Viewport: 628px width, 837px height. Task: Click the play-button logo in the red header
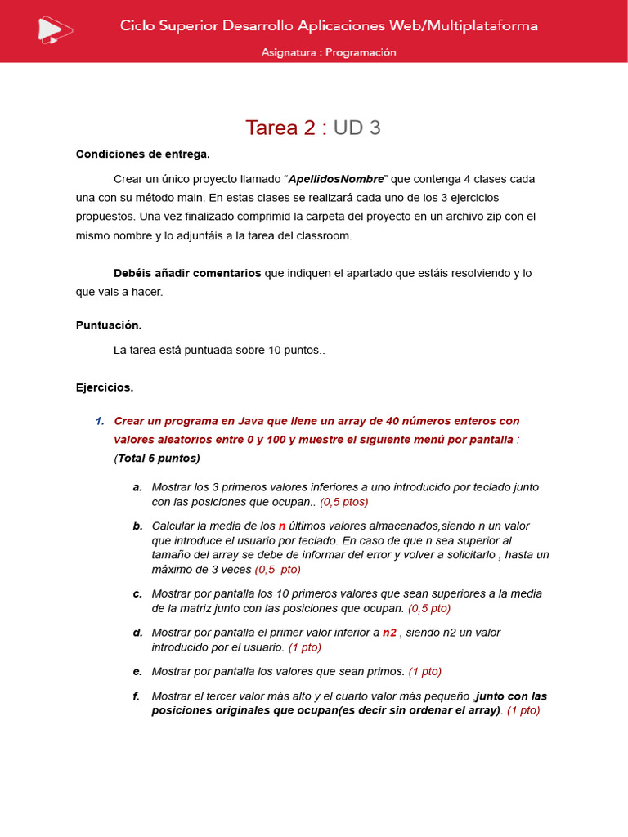click(x=55, y=29)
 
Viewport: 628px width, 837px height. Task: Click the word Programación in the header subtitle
click(x=361, y=52)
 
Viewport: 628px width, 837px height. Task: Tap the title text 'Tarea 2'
click(x=280, y=128)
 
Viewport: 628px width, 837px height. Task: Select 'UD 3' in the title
click(x=357, y=128)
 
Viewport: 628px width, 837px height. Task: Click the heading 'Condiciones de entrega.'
click(x=143, y=154)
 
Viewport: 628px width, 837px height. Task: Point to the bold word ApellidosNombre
click(x=336, y=179)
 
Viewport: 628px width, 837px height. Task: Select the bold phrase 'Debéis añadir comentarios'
click(x=187, y=273)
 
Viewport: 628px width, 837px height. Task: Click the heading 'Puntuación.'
click(x=109, y=325)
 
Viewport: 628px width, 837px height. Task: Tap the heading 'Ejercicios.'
click(x=105, y=387)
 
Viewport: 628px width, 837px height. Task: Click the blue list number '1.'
click(x=100, y=421)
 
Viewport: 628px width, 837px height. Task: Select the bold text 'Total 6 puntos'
click(x=157, y=459)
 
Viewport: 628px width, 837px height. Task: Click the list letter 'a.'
click(x=137, y=487)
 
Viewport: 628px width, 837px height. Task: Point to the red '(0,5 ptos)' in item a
click(x=344, y=502)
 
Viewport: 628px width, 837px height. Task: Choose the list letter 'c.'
click(x=137, y=593)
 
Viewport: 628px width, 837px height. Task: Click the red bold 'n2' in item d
click(x=389, y=633)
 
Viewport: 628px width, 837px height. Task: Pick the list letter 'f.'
click(x=137, y=696)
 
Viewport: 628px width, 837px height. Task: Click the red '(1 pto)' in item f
click(x=523, y=710)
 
